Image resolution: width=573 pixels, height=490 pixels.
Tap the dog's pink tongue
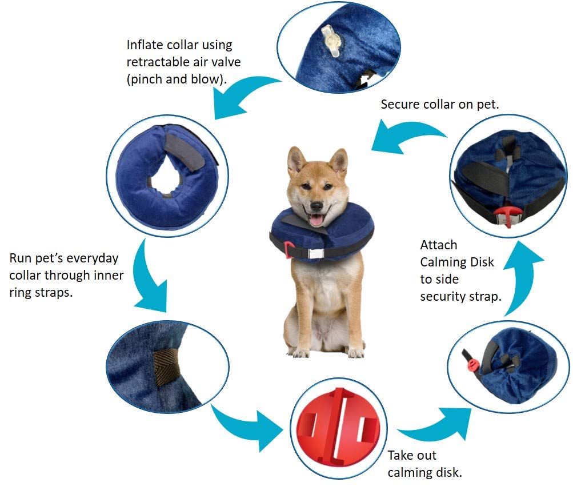(316, 221)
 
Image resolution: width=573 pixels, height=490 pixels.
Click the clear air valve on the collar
(331, 41)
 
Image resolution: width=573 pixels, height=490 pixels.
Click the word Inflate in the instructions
(145, 45)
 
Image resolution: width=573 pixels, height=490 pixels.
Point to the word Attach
(439, 245)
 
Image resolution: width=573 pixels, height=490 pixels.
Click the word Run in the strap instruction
(21, 258)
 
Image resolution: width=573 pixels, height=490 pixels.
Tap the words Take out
(412, 456)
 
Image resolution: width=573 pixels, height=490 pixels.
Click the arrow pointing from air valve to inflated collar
(242, 94)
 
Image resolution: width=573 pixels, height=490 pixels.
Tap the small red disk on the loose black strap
(473, 365)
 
